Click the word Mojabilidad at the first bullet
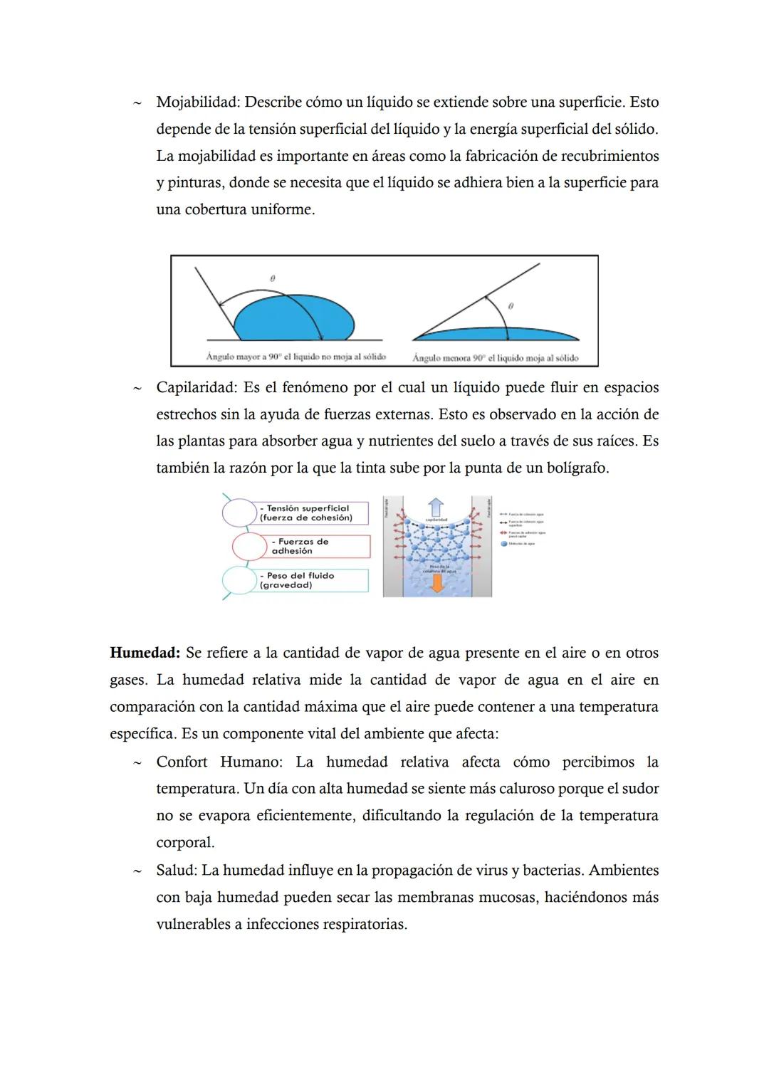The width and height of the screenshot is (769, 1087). point(197,103)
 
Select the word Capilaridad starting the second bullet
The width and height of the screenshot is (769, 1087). point(196,388)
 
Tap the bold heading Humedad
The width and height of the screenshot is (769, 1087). point(145,653)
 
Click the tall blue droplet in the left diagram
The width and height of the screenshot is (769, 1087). point(293,321)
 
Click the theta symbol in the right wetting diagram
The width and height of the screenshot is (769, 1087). point(511,305)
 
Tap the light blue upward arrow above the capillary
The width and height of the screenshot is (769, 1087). point(436,507)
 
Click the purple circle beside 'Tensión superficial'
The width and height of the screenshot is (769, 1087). point(239,513)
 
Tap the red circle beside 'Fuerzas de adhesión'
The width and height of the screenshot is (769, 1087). point(249,547)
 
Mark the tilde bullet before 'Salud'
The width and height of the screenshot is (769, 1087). point(135,871)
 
